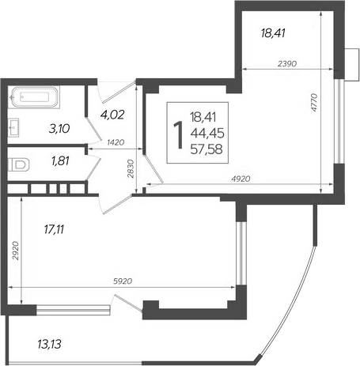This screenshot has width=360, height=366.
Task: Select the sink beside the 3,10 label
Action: (x=17, y=125)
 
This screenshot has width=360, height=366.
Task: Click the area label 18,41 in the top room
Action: (x=271, y=33)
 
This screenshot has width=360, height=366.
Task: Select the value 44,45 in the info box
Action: (x=207, y=134)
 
